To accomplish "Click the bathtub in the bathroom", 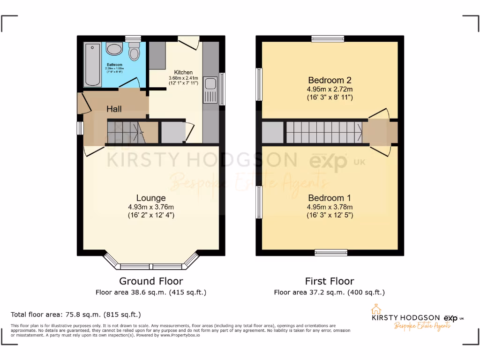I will click(x=92, y=65).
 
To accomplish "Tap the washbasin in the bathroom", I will click(x=114, y=49).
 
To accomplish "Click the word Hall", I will click(x=114, y=109).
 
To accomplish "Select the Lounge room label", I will click(x=151, y=198).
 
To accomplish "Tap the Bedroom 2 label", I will click(x=330, y=80).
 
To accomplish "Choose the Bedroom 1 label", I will click(x=330, y=198).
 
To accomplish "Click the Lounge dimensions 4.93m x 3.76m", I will click(x=151, y=207).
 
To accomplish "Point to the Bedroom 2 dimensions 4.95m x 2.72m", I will click(x=330, y=89).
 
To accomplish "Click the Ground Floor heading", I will click(x=151, y=281).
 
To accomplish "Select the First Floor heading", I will click(x=330, y=281).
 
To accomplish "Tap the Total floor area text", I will click(x=75, y=315).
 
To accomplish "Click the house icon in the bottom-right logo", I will click(x=375, y=309).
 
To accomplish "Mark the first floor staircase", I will click(x=323, y=132).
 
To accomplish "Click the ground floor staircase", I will click(x=123, y=132).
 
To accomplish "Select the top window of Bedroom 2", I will click(x=328, y=39).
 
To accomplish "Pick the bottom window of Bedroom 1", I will click(x=331, y=253).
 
